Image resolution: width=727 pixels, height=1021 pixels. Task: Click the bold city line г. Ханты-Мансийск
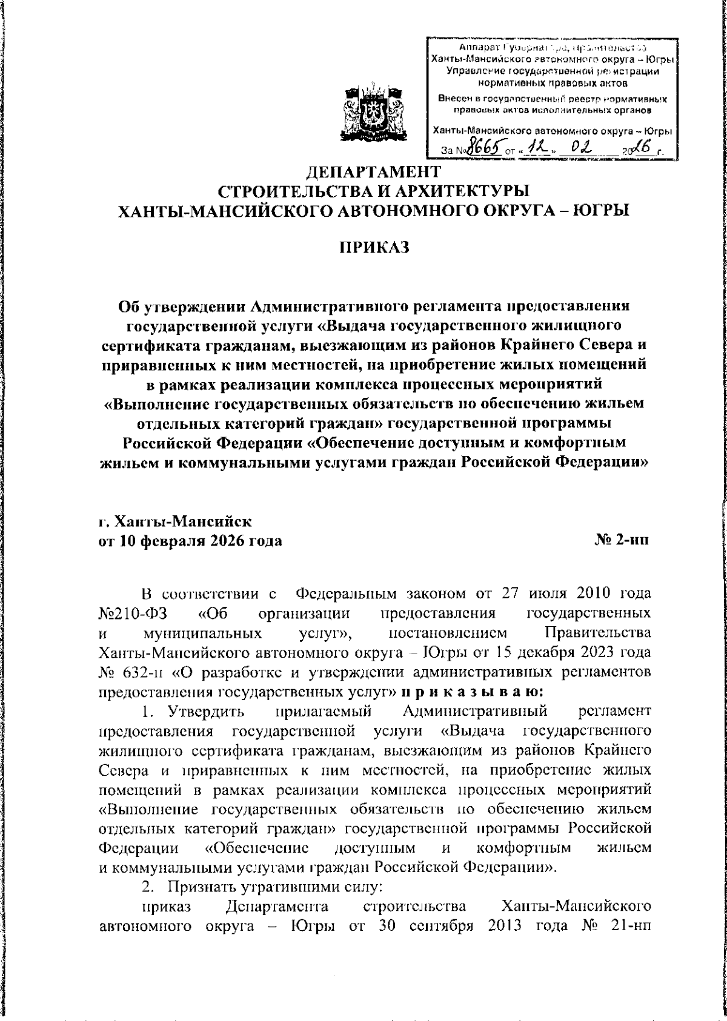pyautogui.click(x=175, y=520)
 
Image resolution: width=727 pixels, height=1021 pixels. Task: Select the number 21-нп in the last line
pyautogui.click(x=632, y=927)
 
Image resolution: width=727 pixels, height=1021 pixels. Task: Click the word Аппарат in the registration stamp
pyautogui.click(x=477, y=47)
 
